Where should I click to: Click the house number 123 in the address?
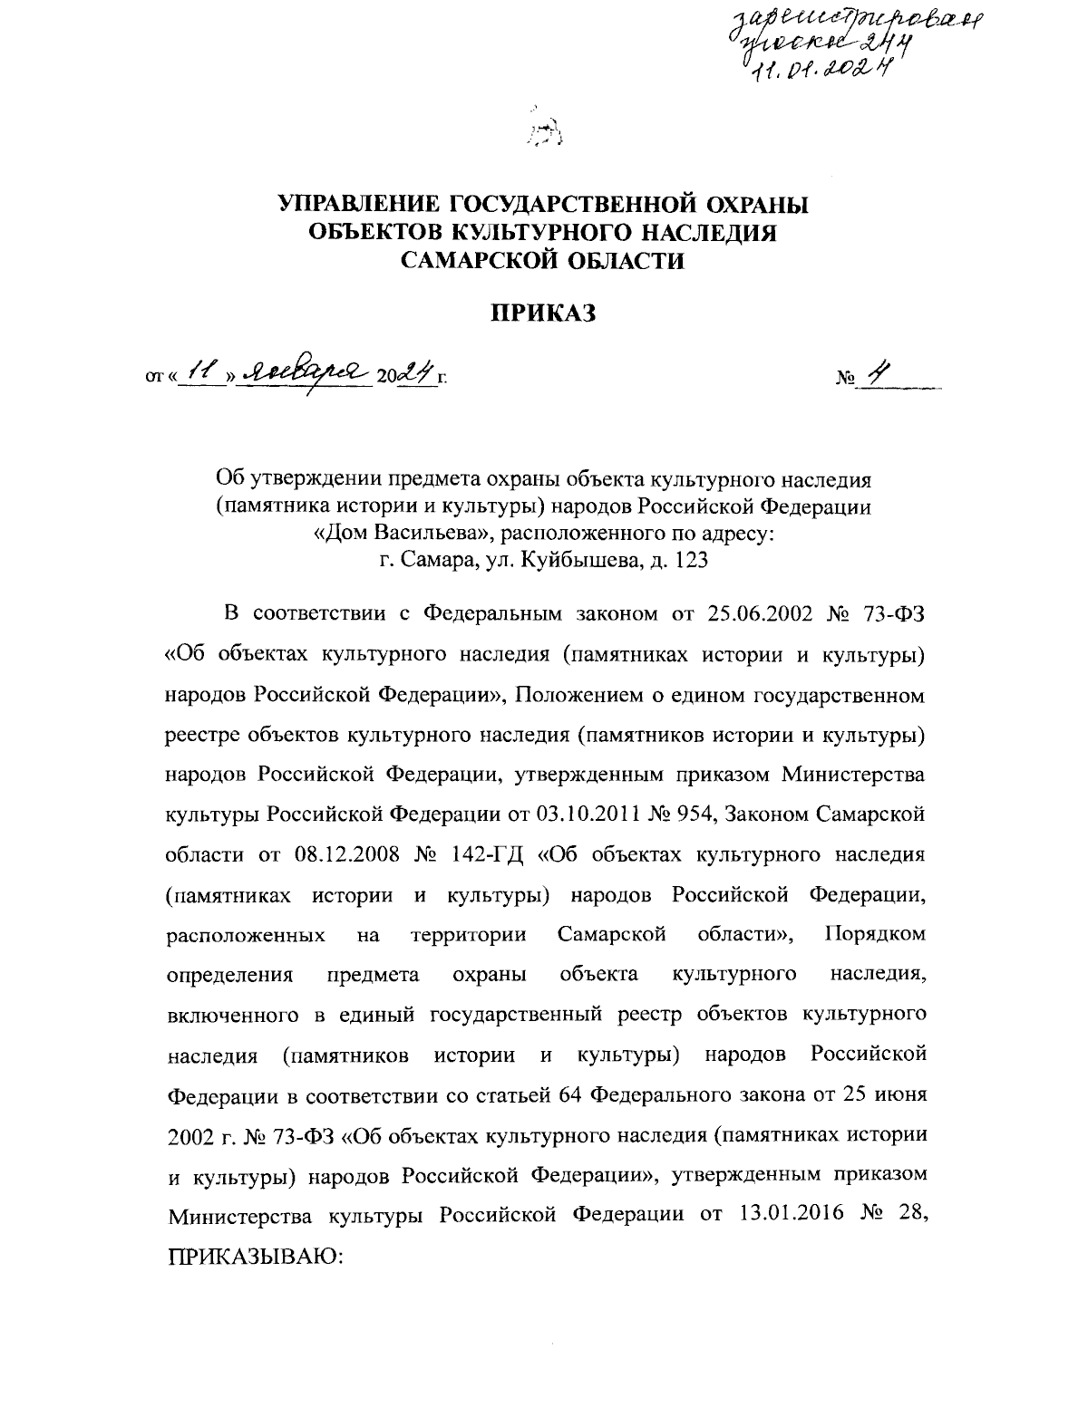click(687, 560)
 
